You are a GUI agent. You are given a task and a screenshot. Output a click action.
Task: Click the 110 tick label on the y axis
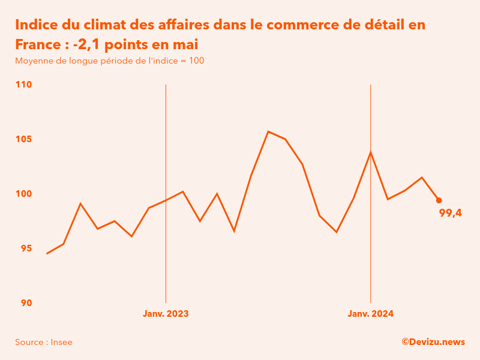point(23,85)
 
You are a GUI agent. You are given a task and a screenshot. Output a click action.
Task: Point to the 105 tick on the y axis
point(23,139)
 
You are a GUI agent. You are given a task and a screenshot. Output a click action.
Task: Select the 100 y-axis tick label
point(23,194)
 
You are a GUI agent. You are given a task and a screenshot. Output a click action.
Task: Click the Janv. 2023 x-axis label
point(166,314)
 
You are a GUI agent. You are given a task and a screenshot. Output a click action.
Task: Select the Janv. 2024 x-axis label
point(371,314)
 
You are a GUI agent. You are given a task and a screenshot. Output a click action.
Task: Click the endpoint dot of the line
point(439,200)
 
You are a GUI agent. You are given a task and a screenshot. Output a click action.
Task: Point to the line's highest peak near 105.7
point(268,131)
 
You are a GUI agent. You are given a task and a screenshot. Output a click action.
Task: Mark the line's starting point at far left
point(47,254)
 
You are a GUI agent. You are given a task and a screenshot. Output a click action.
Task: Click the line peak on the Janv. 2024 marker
point(371,152)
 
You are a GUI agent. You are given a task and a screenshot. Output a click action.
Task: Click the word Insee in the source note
point(62,342)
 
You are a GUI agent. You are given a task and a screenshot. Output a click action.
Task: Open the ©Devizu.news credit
point(433,342)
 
